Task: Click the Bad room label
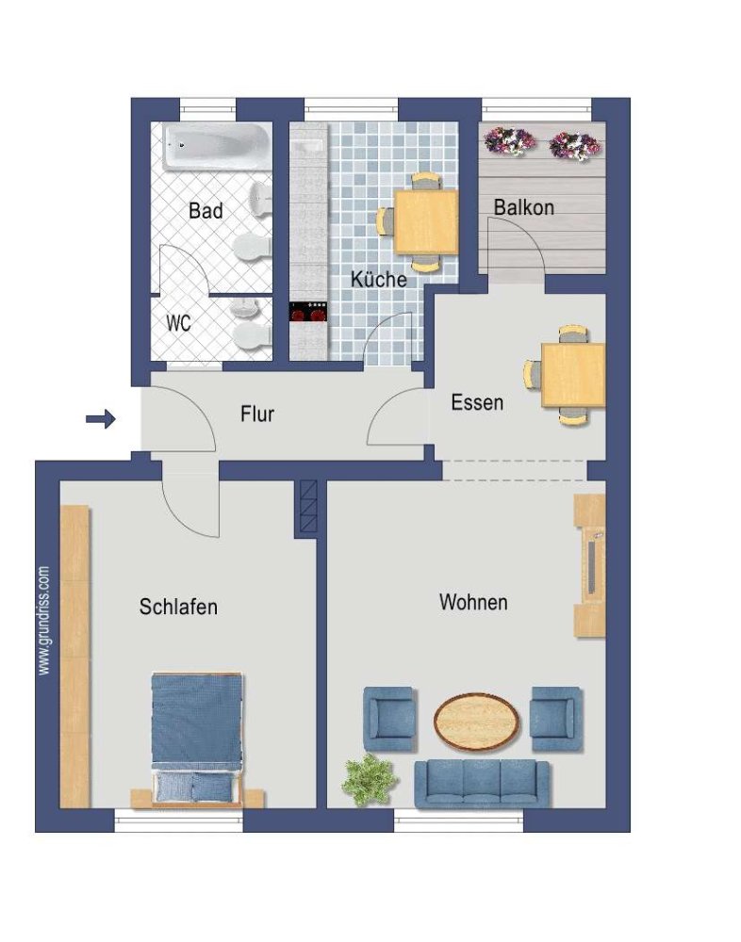(x=206, y=211)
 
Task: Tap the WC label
(x=178, y=323)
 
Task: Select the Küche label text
(x=378, y=280)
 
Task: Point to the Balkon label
(x=523, y=208)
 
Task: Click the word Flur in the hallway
(x=256, y=414)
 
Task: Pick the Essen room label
(x=477, y=403)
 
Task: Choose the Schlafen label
(x=178, y=608)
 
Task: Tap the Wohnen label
(x=473, y=602)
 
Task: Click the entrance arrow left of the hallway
(x=100, y=418)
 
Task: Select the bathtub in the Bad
(x=215, y=147)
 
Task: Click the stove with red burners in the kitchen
(x=307, y=312)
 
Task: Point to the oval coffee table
(x=477, y=721)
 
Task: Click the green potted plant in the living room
(x=366, y=778)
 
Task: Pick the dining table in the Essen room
(x=572, y=375)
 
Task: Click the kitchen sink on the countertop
(x=308, y=148)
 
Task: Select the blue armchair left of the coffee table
(x=389, y=717)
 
